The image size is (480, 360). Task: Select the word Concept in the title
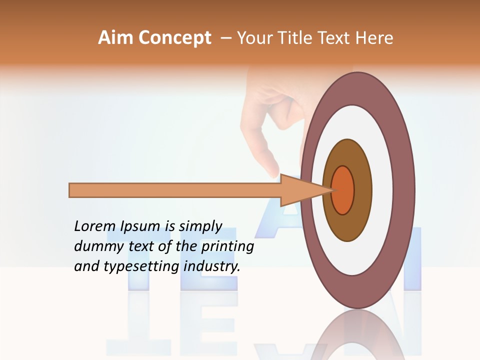(175, 38)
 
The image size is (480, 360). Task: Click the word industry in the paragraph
(212, 266)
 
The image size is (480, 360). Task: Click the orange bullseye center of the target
(343, 190)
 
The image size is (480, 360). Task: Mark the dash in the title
(225, 38)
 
